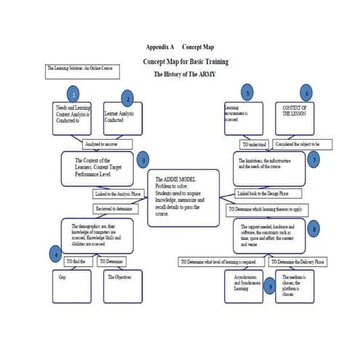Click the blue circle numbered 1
point(72,95)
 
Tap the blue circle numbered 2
point(128,99)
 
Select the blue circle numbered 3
point(144,160)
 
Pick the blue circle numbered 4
point(54,254)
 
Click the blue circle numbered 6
point(308,93)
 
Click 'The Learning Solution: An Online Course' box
point(81,70)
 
